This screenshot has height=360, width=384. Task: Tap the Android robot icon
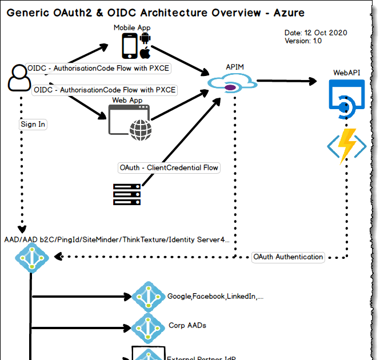click(145, 39)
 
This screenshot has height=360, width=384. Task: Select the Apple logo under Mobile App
click(145, 53)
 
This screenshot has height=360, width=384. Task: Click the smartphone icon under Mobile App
click(130, 45)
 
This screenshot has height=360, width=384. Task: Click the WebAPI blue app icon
click(346, 97)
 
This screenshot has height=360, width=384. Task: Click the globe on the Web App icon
click(141, 130)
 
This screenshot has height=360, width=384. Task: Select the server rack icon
click(127, 194)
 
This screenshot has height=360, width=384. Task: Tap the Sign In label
click(33, 124)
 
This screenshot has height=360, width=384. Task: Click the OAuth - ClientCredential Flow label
click(169, 167)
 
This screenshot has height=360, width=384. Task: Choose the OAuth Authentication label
click(288, 257)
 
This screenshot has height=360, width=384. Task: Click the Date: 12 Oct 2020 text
click(315, 33)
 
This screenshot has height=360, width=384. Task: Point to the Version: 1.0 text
click(303, 41)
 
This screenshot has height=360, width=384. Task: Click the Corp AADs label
click(187, 325)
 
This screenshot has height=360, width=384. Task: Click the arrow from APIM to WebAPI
click(286, 82)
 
